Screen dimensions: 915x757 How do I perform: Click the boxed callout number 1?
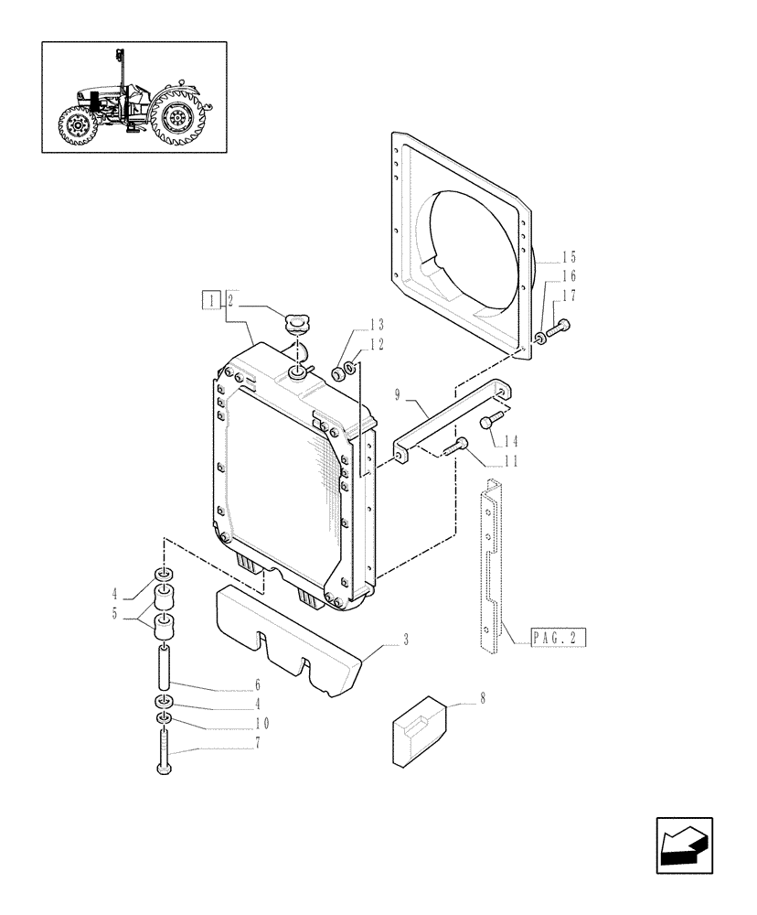pyautogui.click(x=211, y=299)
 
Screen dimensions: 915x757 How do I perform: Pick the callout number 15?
pyautogui.click(x=570, y=257)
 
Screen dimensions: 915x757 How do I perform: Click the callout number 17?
pyautogui.click(x=570, y=295)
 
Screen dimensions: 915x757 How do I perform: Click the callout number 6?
pyautogui.click(x=259, y=684)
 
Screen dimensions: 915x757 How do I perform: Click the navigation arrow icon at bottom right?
pyautogui.click(x=684, y=847)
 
